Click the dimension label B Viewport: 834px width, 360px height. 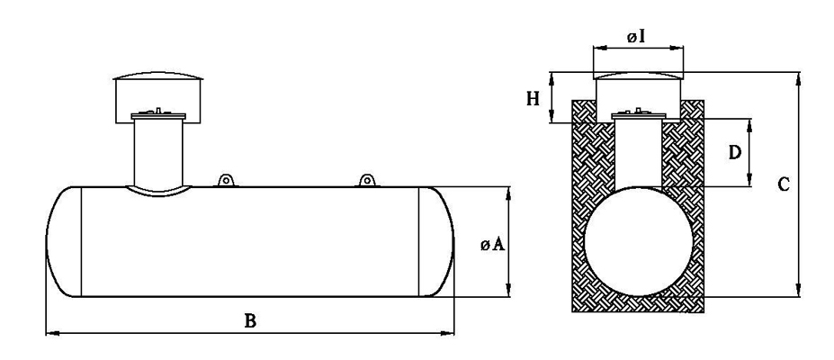click(x=250, y=321)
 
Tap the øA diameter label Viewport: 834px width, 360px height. click(x=492, y=244)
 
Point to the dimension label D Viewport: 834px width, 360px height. click(x=734, y=153)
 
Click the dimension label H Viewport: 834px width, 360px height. click(x=534, y=98)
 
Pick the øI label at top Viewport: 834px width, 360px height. click(x=636, y=37)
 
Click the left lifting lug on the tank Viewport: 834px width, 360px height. click(x=226, y=180)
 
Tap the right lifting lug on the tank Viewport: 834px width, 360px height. click(x=366, y=180)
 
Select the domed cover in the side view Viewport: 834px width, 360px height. click(x=158, y=97)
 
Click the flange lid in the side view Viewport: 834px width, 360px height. click(x=158, y=115)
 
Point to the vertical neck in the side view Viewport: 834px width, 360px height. click(x=158, y=152)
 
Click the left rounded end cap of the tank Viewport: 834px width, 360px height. click(x=63, y=241)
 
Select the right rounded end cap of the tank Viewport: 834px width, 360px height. click(x=436, y=241)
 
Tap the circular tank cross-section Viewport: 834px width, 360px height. click(x=638, y=241)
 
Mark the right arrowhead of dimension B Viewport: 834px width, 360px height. click(x=449, y=333)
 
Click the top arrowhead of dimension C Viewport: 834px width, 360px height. click(x=798, y=78)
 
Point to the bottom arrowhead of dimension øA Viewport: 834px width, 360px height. click(x=508, y=291)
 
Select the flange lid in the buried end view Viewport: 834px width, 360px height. click(x=639, y=115)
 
